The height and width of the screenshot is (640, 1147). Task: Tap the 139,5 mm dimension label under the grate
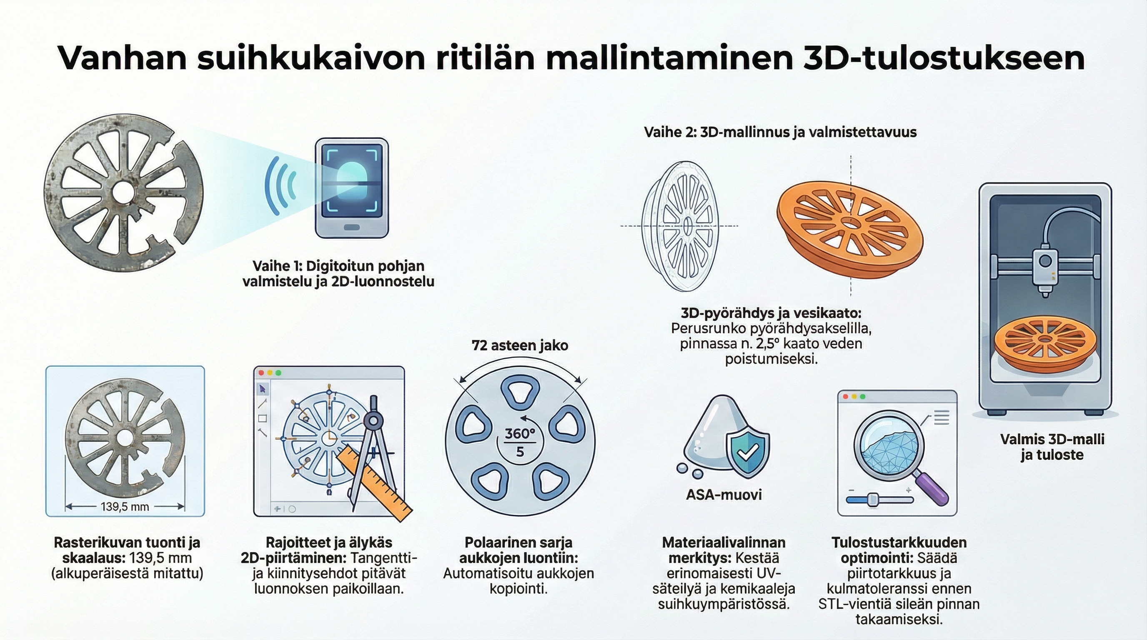125,507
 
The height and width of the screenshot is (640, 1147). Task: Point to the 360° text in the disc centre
520,434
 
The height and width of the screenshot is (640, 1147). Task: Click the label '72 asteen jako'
520,346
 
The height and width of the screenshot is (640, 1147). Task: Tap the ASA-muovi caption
724,495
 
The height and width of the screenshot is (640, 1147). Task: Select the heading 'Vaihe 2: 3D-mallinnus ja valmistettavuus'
780,132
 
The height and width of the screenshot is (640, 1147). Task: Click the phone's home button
352,227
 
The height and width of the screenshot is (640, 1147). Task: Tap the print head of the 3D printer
1044,267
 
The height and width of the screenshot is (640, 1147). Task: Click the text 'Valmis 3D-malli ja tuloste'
1052,447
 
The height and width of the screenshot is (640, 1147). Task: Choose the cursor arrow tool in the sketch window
262,390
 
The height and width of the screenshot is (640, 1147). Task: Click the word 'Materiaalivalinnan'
724,542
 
